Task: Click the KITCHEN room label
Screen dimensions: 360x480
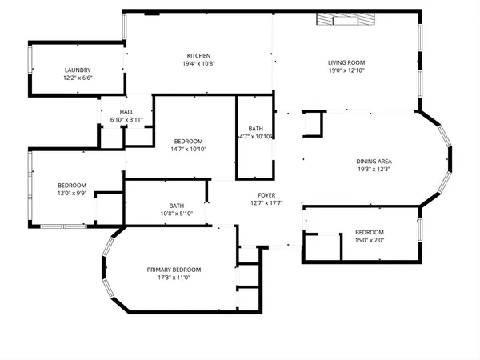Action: point(198,55)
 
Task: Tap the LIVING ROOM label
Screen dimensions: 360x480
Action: point(346,62)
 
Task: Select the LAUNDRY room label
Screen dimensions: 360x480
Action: point(78,70)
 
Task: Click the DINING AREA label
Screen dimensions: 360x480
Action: point(374,162)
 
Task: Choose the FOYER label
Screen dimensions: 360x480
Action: point(266,195)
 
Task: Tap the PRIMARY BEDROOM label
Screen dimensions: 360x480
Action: point(174,270)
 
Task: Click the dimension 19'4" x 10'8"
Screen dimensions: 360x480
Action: point(198,63)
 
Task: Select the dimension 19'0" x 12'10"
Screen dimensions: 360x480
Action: point(346,70)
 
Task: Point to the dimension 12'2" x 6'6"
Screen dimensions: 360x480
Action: point(78,78)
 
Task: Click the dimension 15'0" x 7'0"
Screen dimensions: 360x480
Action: point(370,240)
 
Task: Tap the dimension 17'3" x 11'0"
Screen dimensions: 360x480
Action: point(174,278)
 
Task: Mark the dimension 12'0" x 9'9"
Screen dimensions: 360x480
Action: point(71,193)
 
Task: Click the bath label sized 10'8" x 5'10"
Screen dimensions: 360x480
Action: point(176,205)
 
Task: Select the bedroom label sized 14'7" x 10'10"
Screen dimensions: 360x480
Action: point(189,141)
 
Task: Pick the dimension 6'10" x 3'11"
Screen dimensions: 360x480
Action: point(126,120)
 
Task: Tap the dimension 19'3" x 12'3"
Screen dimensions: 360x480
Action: point(374,170)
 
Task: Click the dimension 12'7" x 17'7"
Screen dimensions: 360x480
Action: point(266,203)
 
